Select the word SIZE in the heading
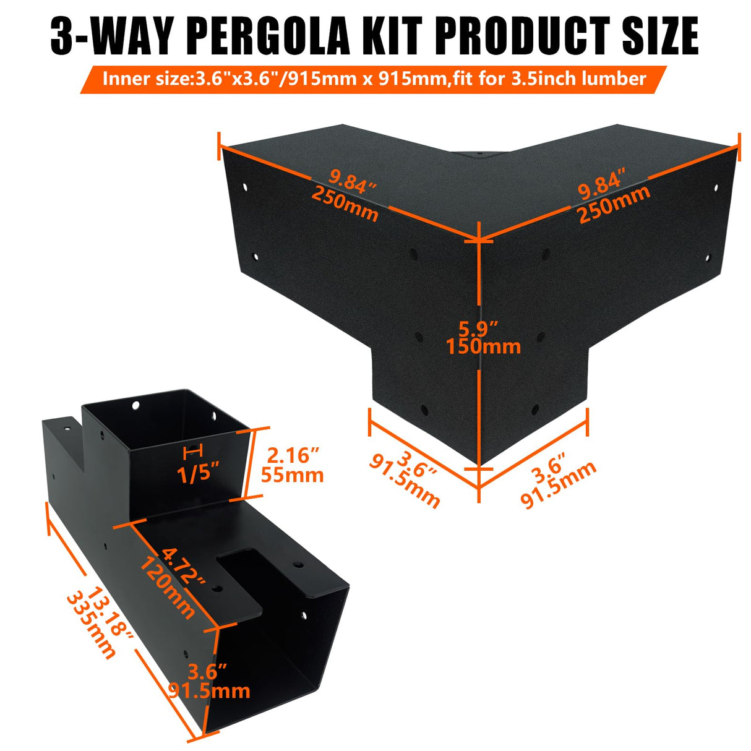[x=660, y=36]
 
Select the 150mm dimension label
[x=483, y=346]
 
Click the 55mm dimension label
[x=292, y=475]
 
